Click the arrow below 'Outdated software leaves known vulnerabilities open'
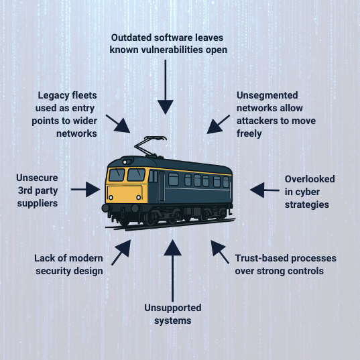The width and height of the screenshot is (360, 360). coord(166,86)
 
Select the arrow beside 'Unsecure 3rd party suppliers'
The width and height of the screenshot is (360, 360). coord(85,190)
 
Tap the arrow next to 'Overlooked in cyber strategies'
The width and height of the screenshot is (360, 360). coord(265,190)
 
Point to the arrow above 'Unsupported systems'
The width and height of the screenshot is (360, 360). coord(172,271)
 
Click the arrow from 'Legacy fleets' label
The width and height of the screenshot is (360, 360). coord(118,124)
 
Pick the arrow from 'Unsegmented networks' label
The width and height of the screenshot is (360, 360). coord(218,124)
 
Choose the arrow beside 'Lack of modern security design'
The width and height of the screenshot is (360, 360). coord(121,253)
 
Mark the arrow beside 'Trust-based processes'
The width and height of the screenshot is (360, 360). coord(220,252)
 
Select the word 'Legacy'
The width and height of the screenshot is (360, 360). coord(53,96)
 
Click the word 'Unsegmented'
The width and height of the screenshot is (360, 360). coord(267,95)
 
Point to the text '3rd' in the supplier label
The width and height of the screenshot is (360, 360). coord(25,190)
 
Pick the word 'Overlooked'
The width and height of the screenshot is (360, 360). coord(310,179)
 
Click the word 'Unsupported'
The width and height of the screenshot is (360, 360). coord(173,308)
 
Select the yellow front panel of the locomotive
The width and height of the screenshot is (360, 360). coord(125,194)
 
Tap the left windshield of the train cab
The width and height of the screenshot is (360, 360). coord(117,175)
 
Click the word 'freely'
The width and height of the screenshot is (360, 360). coord(249,133)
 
